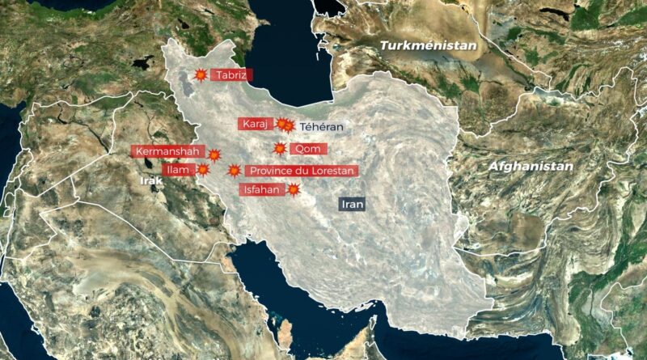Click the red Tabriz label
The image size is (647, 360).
click(231, 75)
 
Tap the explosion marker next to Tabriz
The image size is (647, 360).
click(201, 75)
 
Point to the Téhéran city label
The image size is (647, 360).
click(321, 127)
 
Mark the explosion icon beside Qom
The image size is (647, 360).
click(280, 149)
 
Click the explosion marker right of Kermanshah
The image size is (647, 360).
click(214, 155)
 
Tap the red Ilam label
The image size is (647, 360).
click(177, 170)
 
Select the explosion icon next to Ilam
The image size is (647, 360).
click(203, 170)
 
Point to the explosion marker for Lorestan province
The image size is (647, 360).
click(234, 171)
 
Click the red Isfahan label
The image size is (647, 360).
click(260, 190)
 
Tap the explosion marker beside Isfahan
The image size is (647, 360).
click(294, 190)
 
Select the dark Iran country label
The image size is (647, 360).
click(353, 205)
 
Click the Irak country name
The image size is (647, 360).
click(151, 181)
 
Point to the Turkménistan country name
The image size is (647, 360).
click(428, 46)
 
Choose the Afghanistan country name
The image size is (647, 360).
click(531, 166)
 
